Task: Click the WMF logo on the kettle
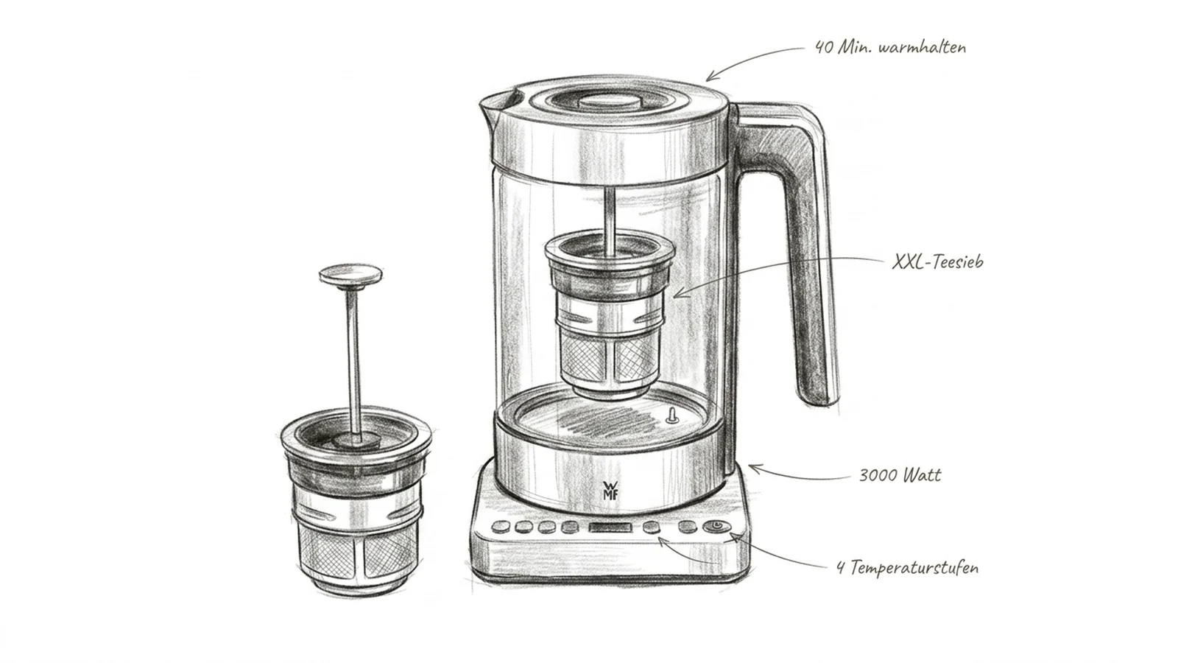(x=610, y=491)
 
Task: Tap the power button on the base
(x=717, y=527)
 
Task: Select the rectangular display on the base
(x=610, y=527)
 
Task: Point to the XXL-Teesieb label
(x=938, y=262)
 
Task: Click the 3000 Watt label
(x=900, y=475)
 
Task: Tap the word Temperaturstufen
(x=914, y=568)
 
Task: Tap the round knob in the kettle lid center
(x=610, y=102)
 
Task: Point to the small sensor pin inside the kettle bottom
(x=671, y=415)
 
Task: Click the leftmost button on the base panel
(x=501, y=526)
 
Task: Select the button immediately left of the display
(x=570, y=527)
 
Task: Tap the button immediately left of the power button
(x=688, y=527)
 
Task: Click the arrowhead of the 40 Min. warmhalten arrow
(x=710, y=77)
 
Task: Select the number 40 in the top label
(x=824, y=48)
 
